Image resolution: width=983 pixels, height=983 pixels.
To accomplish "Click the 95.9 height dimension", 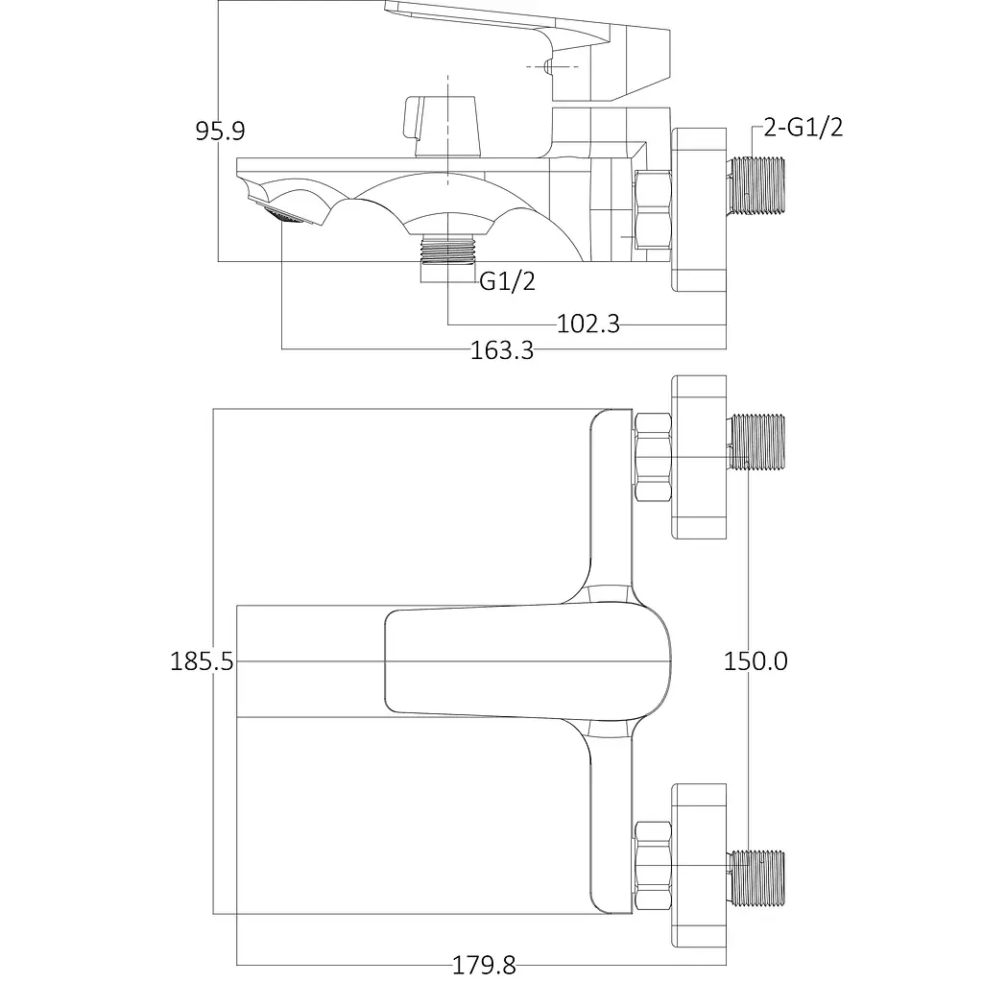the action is pos(220,131).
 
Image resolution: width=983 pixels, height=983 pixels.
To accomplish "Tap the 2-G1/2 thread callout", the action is pos(803,128).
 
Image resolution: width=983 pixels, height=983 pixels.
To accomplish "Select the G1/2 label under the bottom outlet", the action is pos(507,281).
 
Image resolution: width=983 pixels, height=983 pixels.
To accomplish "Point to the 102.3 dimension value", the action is pos(588,324).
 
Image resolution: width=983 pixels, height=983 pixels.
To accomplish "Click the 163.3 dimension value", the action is pos(501,350).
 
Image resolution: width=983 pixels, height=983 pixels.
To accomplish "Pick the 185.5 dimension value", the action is pos(202,661).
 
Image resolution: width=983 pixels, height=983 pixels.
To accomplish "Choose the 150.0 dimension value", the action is pos(755,661).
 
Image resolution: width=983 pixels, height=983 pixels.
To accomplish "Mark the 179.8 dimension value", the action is pos(484,965).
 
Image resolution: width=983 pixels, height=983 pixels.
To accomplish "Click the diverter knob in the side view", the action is pos(441,126).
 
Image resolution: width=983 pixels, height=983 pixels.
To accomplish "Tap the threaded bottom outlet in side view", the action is pos(447,251).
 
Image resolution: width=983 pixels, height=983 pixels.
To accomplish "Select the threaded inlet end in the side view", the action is pos(755,185).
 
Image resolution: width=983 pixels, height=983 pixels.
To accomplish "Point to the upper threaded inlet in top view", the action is pos(755,442).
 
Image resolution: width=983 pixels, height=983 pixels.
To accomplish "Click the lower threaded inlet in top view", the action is pos(755,879).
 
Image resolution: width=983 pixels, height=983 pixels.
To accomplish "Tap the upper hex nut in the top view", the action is pos(653,457).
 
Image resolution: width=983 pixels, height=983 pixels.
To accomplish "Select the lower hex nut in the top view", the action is pos(653,866).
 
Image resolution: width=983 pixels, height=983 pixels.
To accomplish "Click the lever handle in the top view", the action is pos(527,661).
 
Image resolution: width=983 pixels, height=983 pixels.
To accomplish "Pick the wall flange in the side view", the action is pos(699,210).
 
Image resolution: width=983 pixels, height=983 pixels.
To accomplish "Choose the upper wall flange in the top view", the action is pos(699,457).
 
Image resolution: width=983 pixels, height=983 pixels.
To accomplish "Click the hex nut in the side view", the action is pos(653,210).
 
